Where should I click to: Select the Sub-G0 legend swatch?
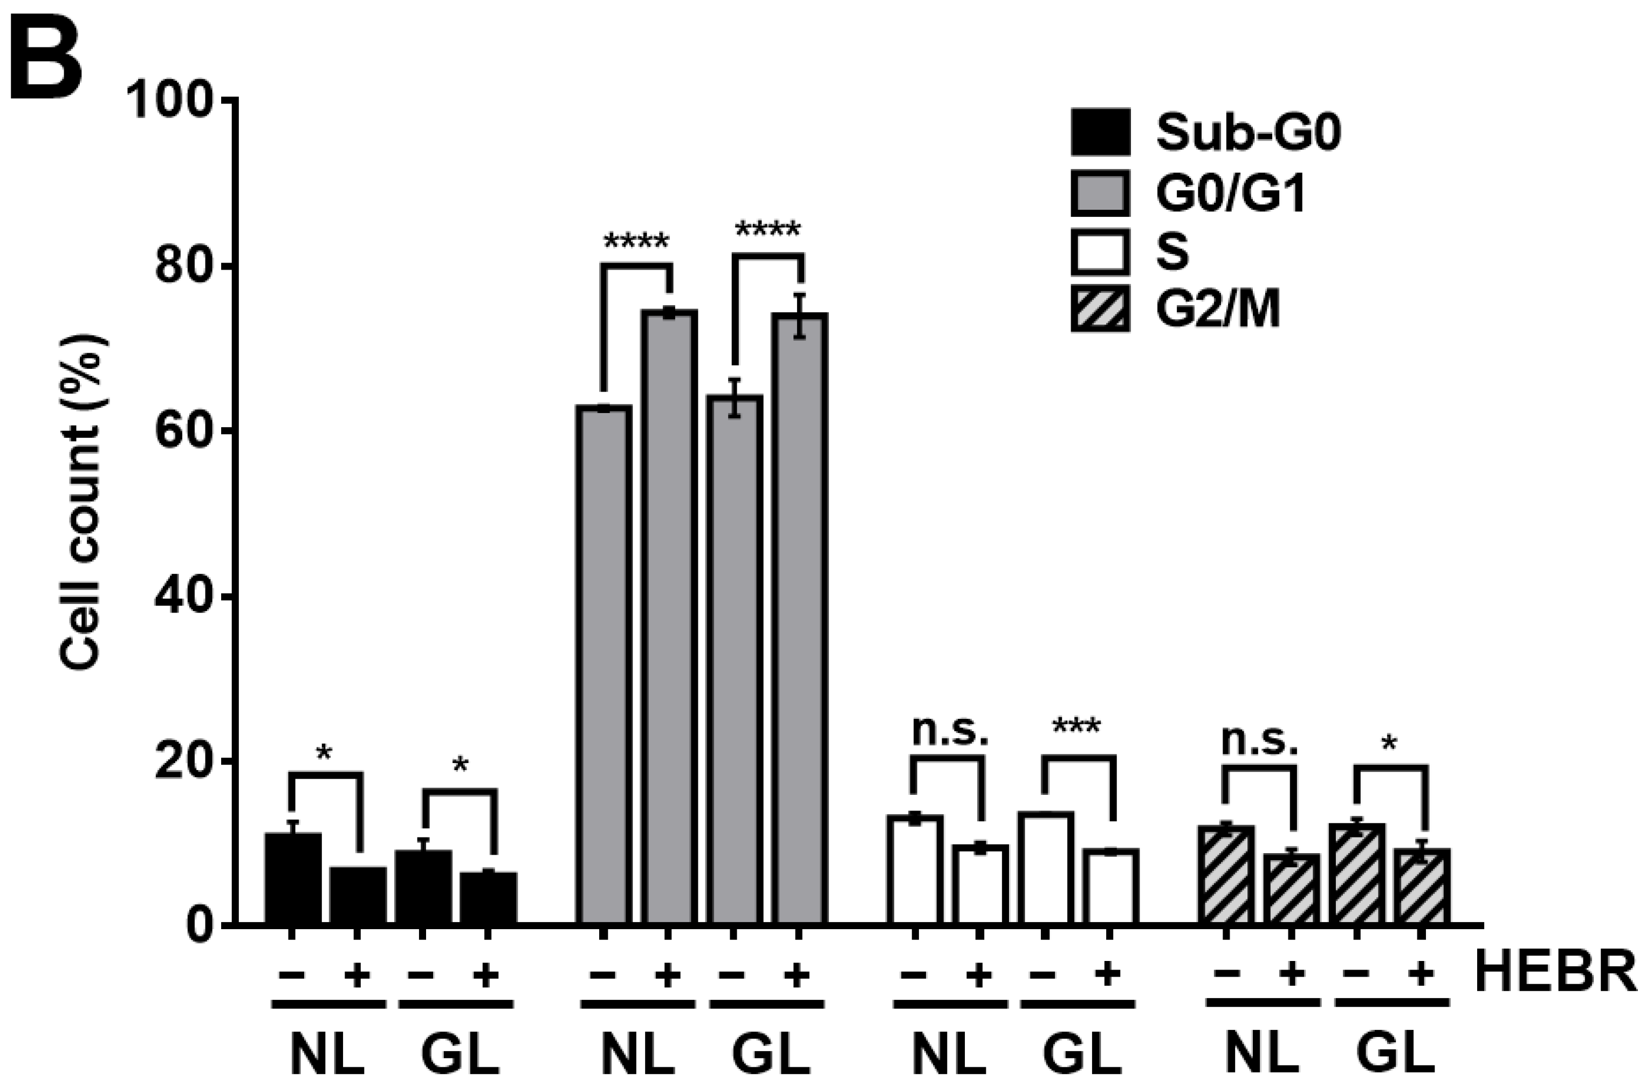pyautogui.click(x=1100, y=132)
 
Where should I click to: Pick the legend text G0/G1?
pyautogui.click(x=1230, y=193)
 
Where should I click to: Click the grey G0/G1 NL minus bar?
pyautogui.click(x=604, y=664)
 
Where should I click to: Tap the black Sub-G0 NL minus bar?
pyautogui.click(x=293, y=879)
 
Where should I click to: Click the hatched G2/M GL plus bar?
pyautogui.click(x=1421, y=887)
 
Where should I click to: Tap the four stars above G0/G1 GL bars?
pyautogui.click(x=767, y=230)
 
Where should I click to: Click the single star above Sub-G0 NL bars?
pyautogui.click(x=324, y=754)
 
